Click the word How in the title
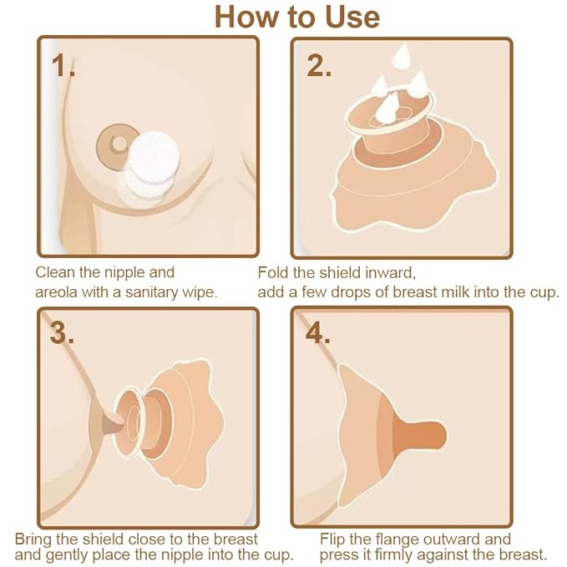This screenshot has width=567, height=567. click(x=246, y=17)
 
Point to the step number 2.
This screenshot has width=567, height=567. click(x=319, y=66)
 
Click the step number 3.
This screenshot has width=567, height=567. click(x=63, y=333)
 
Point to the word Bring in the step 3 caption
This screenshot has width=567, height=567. click(x=35, y=539)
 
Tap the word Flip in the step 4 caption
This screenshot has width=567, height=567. click(x=336, y=539)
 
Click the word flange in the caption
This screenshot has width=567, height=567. click(x=397, y=539)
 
